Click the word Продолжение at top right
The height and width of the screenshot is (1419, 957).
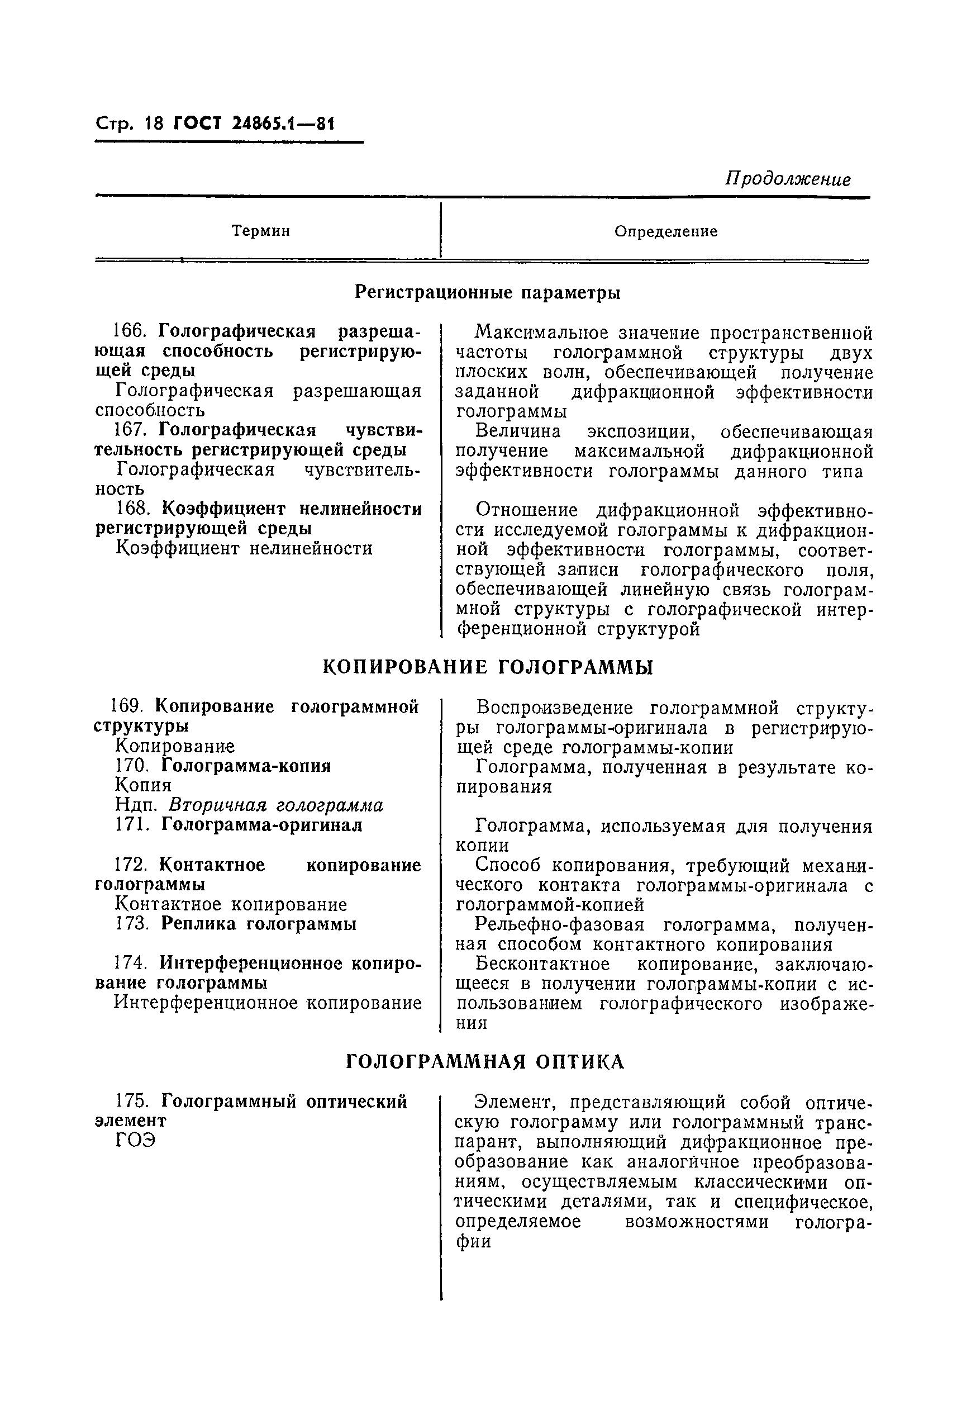tap(787, 179)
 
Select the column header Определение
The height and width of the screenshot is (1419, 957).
tap(665, 232)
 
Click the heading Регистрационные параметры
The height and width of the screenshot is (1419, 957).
tap(488, 293)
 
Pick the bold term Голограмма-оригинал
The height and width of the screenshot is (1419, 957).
tap(261, 825)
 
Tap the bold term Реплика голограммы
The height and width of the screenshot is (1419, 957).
tap(259, 924)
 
